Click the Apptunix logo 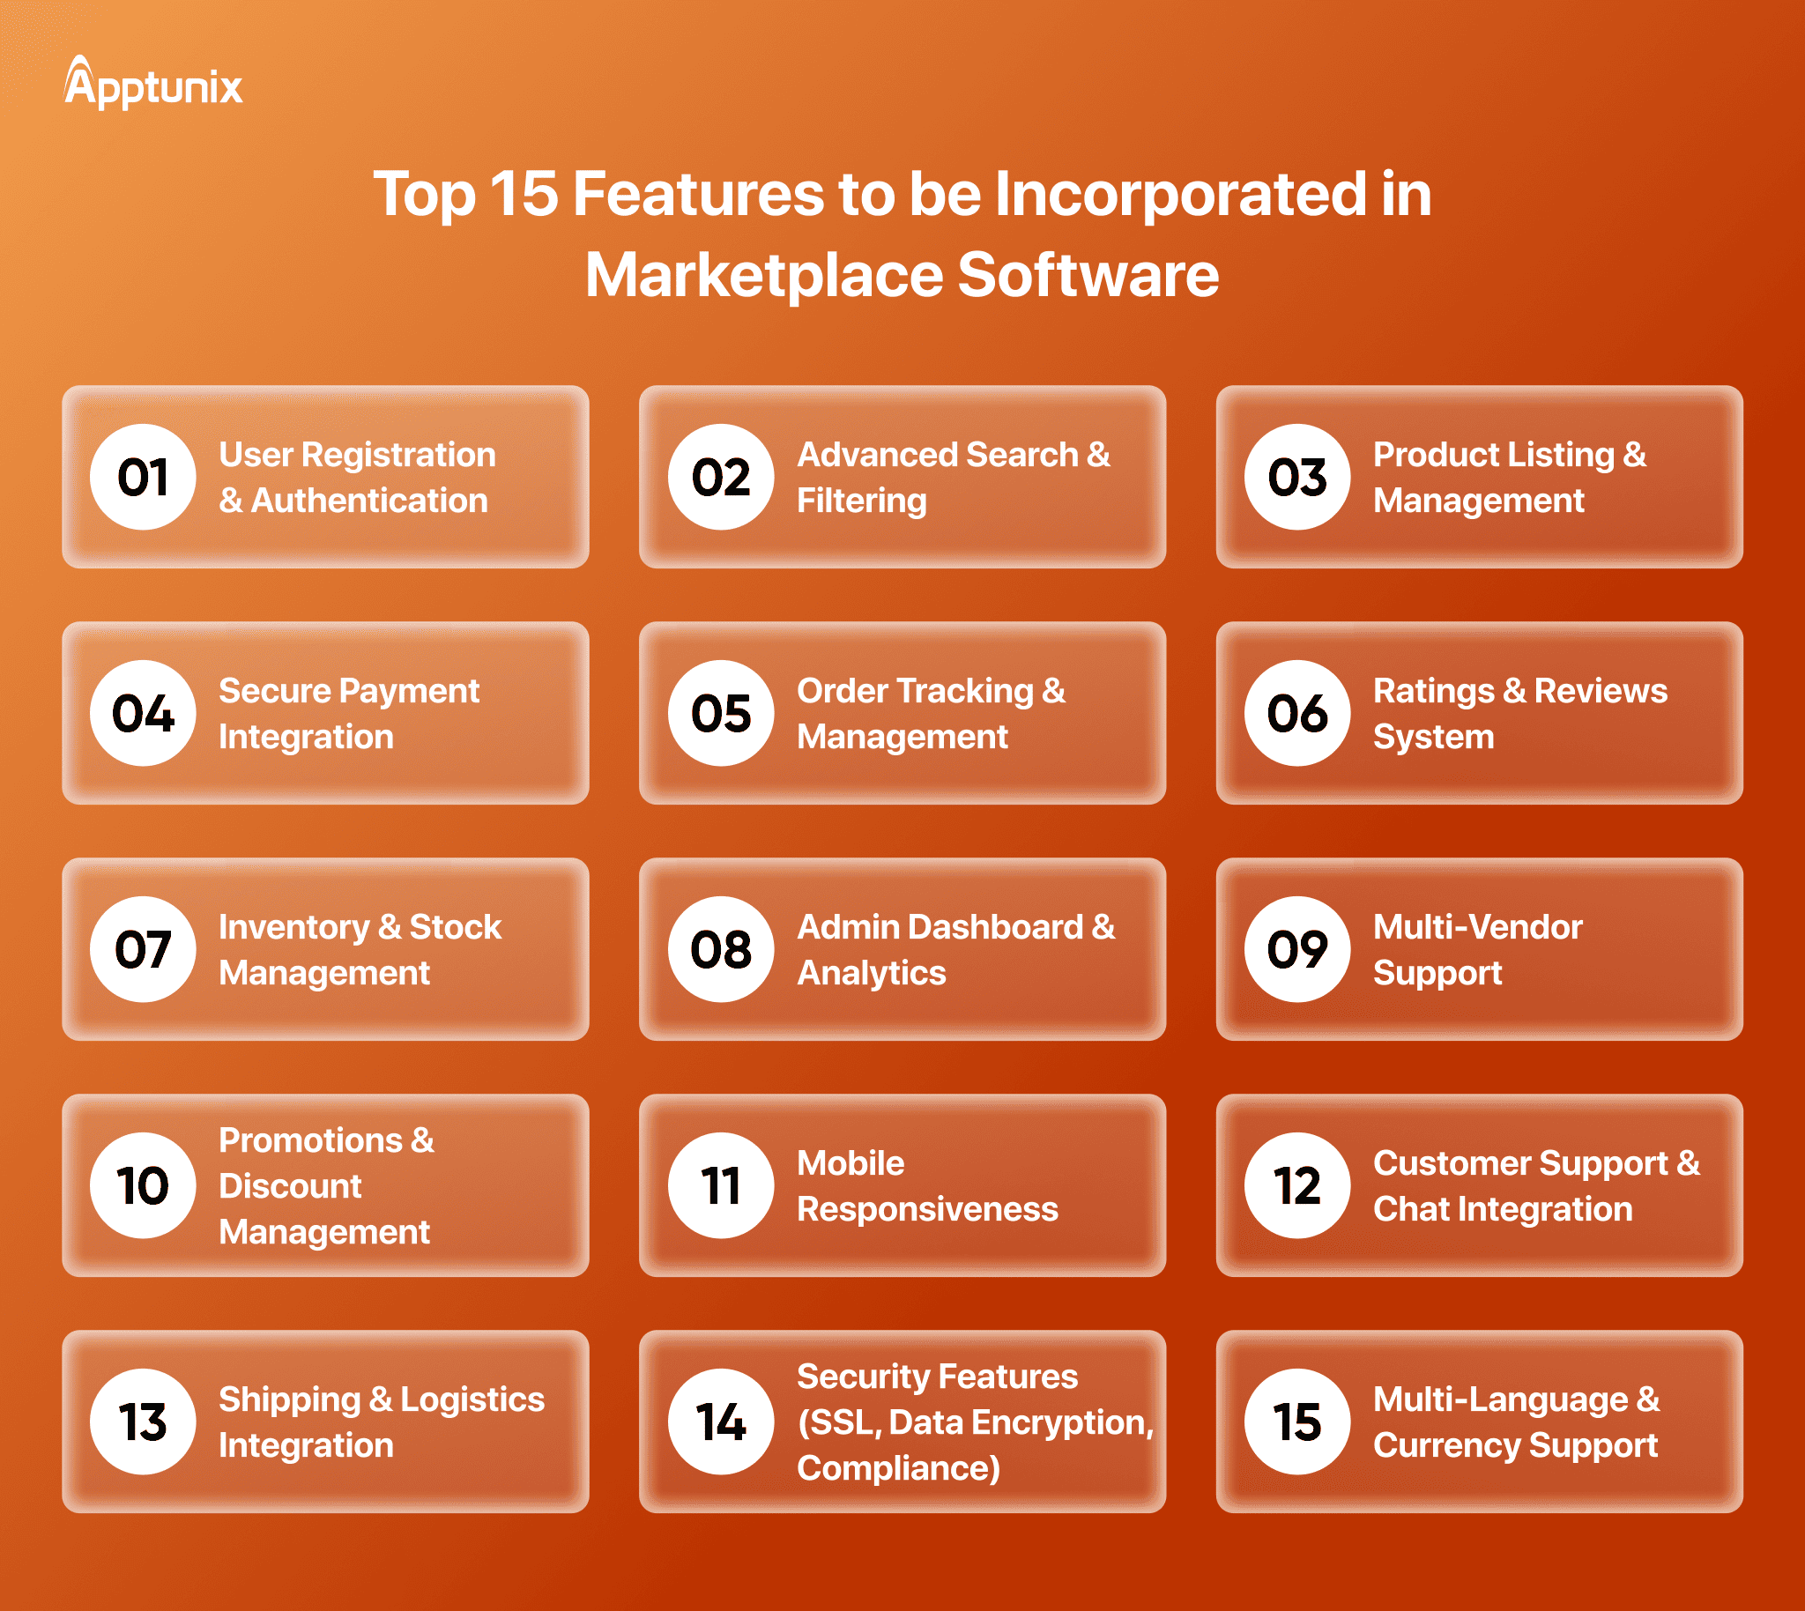click(153, 83)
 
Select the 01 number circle click(143, 477)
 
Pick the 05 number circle click(721, 714)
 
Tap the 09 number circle click(1296, 950)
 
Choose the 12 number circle click(1296, 1186)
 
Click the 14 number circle click(721, 1422)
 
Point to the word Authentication click(370, 501)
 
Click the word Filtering click(861, 501)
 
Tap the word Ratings click(1433, 691)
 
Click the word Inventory click(293, 928)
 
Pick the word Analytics click(872, 974)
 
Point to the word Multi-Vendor click(1477, 927)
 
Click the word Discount click(290, 1186)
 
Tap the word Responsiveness click(927, 1210)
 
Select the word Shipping click(290, 1400)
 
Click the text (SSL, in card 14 click(839, 1423)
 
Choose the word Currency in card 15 click(1446, 1446)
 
